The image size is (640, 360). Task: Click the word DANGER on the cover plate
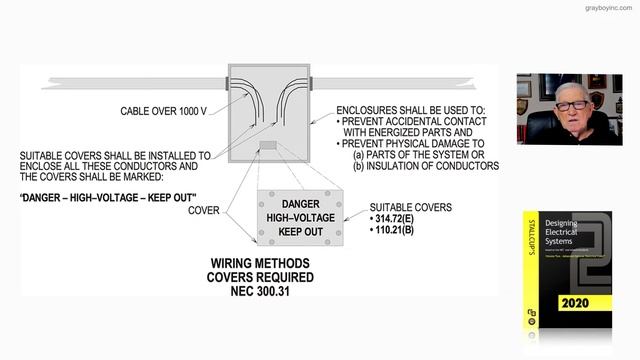299,203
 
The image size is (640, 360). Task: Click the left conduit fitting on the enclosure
227,80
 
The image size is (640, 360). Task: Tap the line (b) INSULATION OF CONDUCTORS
426,166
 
